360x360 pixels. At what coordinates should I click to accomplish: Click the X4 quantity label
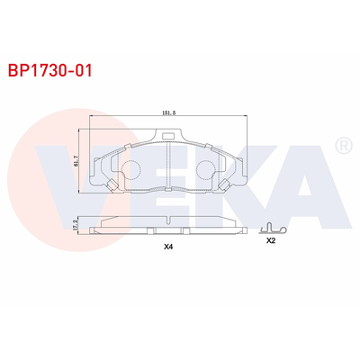(x=168, y=246)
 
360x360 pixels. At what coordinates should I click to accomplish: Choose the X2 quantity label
(x=272, y=241)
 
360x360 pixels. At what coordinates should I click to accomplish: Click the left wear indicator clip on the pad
(x=111, y=186)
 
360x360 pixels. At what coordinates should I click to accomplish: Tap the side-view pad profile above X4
(x=168, y=221)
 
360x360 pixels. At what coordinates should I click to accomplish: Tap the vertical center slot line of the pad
(x=168, y=166)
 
